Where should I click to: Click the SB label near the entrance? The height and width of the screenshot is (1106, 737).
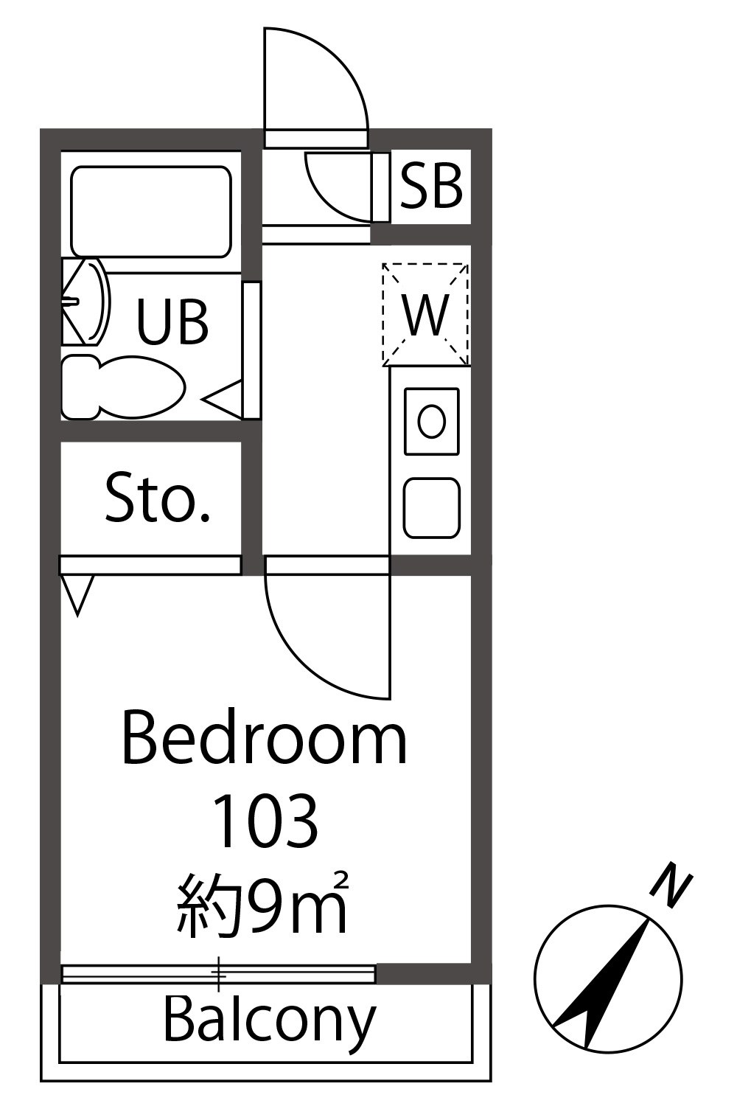(431, 186)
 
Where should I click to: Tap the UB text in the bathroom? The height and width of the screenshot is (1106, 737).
(172, 321)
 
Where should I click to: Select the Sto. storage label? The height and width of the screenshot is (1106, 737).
(158, 497)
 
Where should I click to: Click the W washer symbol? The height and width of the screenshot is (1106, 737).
(425, 314)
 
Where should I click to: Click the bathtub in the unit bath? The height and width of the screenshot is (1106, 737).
(151, 212)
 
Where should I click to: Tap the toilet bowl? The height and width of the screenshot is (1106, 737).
(123, 388)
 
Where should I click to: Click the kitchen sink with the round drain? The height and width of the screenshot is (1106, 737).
(432, 421)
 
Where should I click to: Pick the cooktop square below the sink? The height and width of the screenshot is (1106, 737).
(432, 507)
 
